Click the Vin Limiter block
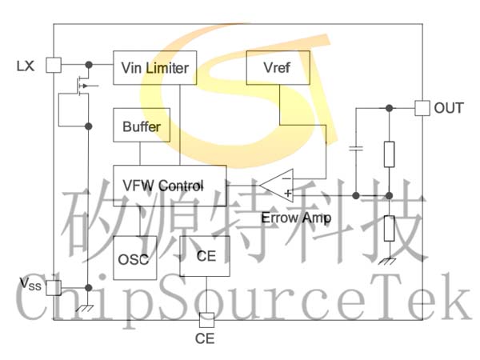155,68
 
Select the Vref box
278,68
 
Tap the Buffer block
142,125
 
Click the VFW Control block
170,186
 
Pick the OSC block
134,258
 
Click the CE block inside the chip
205,256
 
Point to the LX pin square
54,65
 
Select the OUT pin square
422,108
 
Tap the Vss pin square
54,288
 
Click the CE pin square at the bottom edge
206,320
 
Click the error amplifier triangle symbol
277,186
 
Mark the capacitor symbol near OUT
356,149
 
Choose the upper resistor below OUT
389,154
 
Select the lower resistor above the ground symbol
389,228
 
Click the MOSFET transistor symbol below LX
82,86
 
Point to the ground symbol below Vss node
85,308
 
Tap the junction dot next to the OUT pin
389,108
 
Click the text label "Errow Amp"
296,218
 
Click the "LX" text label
26,66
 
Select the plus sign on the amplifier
288,194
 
